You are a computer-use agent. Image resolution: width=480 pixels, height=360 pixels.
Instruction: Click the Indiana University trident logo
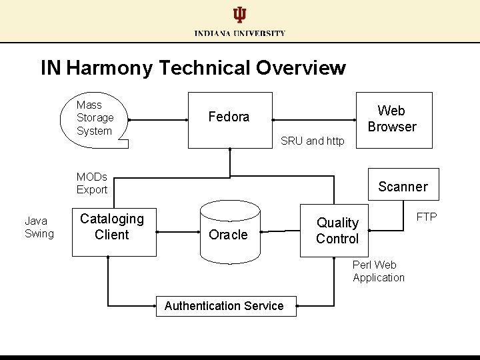[239, 15]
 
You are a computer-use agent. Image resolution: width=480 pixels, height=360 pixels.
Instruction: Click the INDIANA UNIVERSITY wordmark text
[240, 33]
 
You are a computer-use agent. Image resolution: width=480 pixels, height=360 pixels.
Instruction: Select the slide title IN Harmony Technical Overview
[193, 68]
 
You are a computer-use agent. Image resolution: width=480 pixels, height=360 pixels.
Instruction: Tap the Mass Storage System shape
[96, 118]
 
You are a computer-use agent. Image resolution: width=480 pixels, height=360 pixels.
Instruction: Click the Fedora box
[229, 119]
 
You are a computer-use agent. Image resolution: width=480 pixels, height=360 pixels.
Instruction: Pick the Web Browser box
[393, 119]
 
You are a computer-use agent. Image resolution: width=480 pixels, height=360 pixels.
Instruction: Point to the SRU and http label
[313, 141]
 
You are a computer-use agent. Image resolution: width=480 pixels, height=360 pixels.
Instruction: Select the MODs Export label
[92, 183]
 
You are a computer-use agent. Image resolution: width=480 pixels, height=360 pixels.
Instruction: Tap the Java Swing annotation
[39, 227]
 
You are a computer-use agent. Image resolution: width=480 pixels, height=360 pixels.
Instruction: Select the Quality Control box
[337, 231]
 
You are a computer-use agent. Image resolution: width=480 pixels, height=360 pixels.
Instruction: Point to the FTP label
[427, 217]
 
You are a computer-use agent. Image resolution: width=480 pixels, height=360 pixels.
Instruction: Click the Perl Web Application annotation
[379, 271]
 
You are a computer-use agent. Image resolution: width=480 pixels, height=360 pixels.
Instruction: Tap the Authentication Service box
[225, 306]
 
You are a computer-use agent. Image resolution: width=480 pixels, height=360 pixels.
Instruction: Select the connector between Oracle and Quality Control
[279, 233]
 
